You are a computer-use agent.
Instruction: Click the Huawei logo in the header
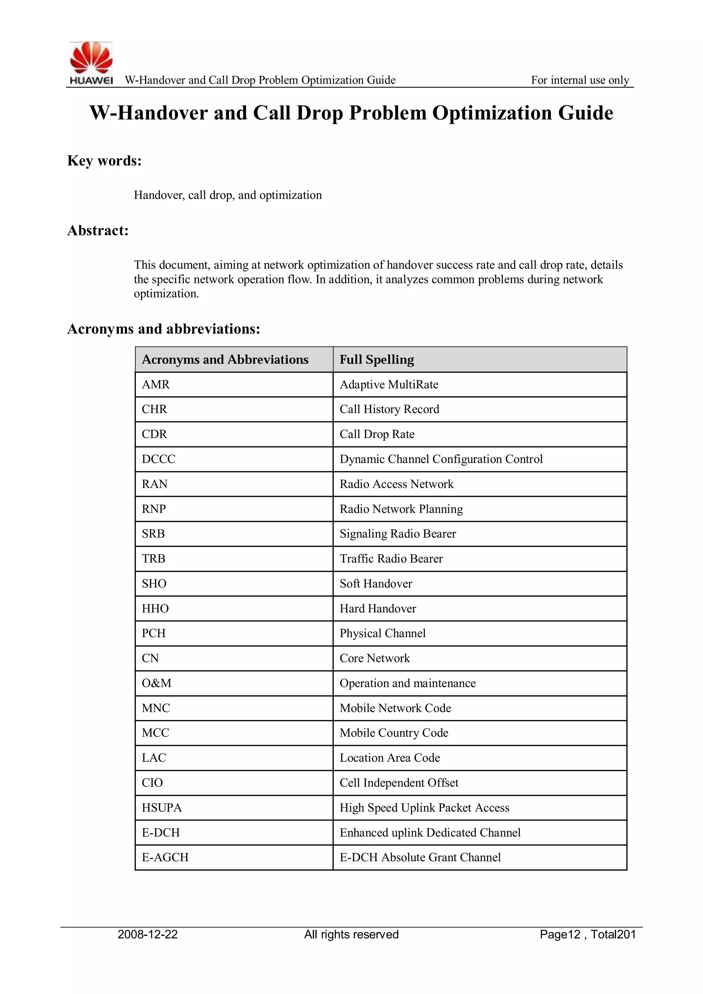(91, 63)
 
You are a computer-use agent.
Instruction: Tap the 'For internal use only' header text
(580, 80)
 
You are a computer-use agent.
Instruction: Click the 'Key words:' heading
(104, 161)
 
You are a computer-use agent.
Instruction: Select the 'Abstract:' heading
(98, 230)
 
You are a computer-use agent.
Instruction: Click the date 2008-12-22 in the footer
(148, 934)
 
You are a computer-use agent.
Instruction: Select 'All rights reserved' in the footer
(351, 934)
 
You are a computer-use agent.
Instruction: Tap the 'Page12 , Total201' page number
(587, 934)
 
